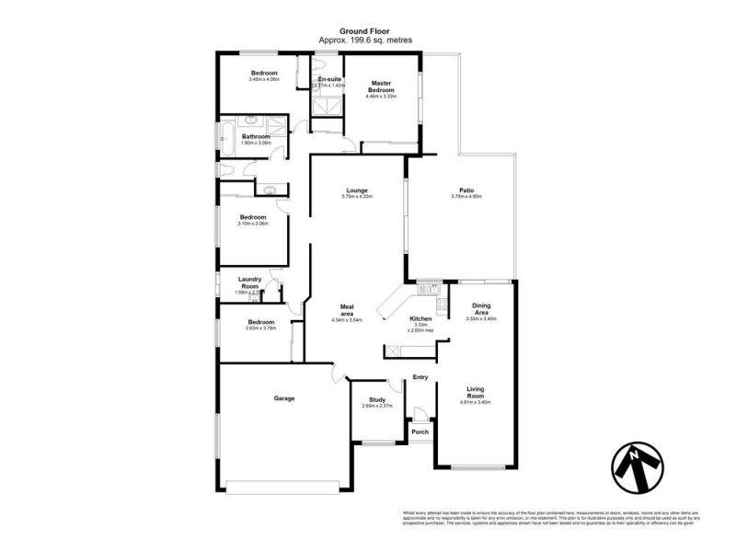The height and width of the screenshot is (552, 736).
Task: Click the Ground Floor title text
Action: (x=366, y=31)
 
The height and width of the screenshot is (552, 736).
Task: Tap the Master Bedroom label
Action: (x=381, y=87)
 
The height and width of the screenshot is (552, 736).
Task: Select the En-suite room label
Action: (x=329, y=80)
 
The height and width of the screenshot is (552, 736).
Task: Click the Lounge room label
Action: (x=356, y=191)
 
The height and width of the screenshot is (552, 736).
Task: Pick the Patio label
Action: (x=466, y=191)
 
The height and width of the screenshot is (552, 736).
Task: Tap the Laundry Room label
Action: (x=250, y=282)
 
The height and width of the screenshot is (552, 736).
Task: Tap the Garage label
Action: (x=283, y=398)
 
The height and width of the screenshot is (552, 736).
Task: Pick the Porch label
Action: (x=420, y=431)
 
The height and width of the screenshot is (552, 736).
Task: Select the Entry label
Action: (x=420, y=377)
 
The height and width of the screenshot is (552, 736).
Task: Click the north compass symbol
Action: (x=635, y=466)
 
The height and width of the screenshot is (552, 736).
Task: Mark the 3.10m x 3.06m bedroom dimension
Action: (x=251, y=224)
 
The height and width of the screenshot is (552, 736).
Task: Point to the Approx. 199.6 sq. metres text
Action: (x=366, y=40)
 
